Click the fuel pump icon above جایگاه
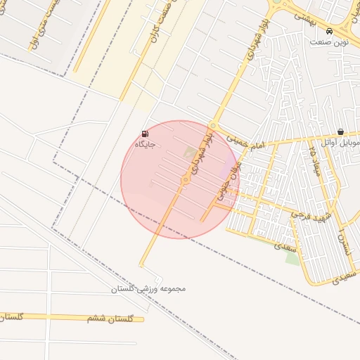tap(145, 134)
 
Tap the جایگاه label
tap(145, 145)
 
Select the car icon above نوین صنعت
tap(330, 32)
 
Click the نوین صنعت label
tap(330, 42)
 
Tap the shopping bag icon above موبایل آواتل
tap(340, 131)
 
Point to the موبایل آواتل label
tap(340, 142)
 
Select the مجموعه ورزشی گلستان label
tap(148, 289)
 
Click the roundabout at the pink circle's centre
tap(186, 181)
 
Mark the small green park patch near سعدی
tap(292, 257)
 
